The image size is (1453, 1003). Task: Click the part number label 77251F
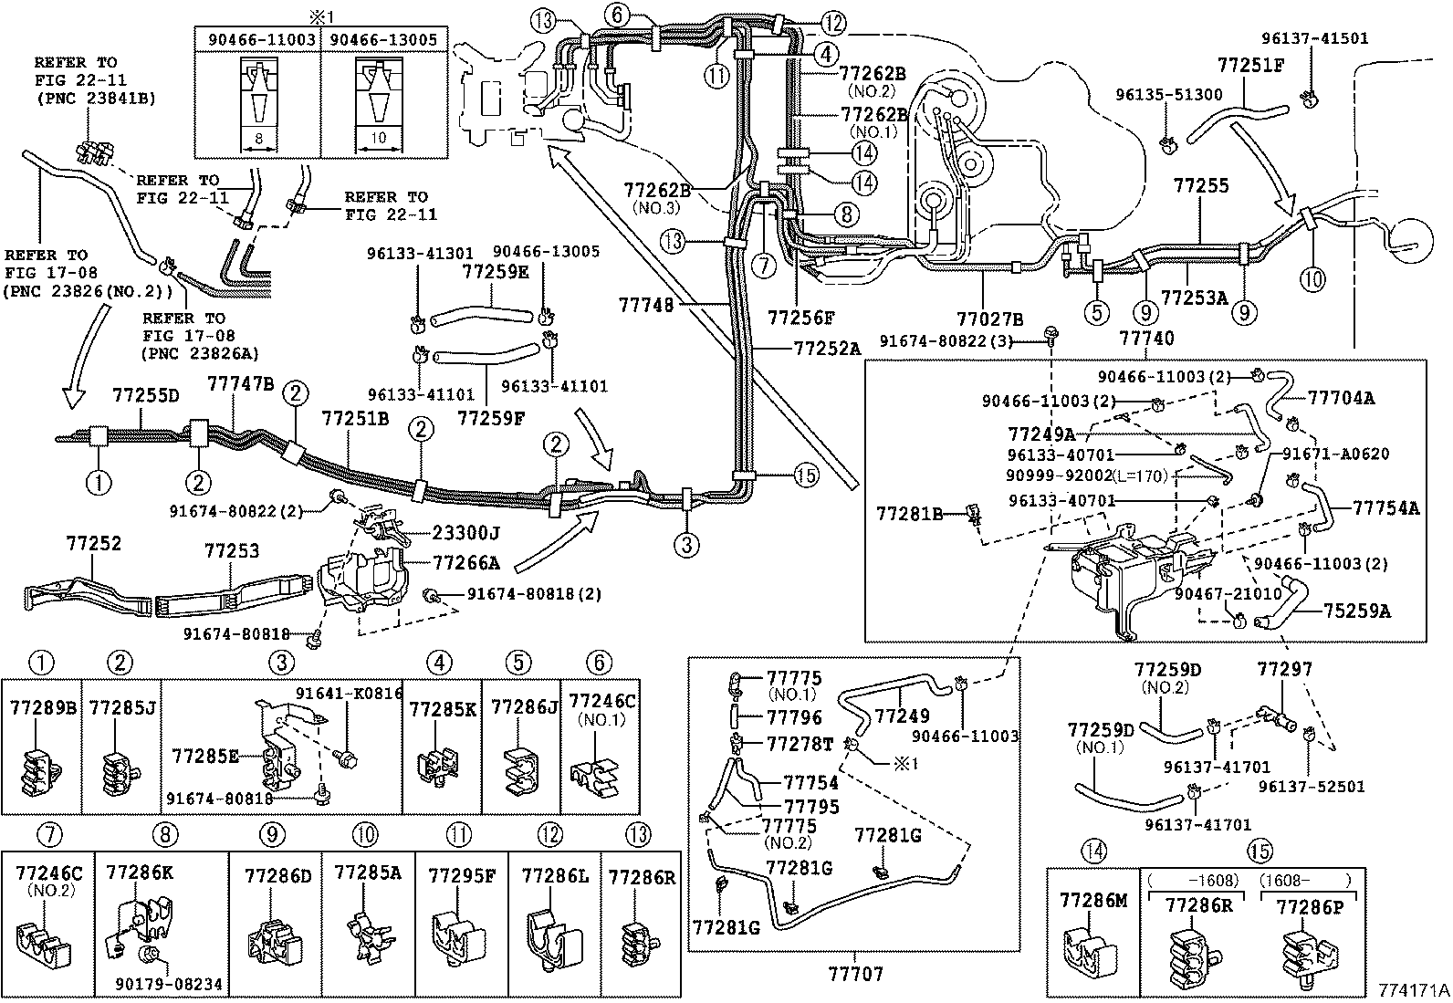pyautogui.click(x=1250, y=67)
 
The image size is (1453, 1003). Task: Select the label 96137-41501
pyautogui.click(x=1315, y=39)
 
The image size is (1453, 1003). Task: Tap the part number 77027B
pyautogui.click(x=990, y=319)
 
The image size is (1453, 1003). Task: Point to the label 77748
pyautogui.click(x=645, y=306)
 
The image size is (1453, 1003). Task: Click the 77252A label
pyautogui.click(x=827, y=349)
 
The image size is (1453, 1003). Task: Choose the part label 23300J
pyautogui.click(x=466, y=533)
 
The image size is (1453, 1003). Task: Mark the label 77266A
pyautogui.click(x=466, y=562)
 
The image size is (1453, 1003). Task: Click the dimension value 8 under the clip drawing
pyautogui.click(x=259, y=138)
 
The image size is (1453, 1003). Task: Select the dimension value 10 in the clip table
pyautogui.click(x=378, y=138)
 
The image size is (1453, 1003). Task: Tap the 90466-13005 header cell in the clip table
pyautogui.click(x=383, y=39)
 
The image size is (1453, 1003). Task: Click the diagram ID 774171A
pyautogui.click(x=1414, y=990)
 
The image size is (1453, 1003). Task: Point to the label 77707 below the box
pyautogui.click(x=855, y=974)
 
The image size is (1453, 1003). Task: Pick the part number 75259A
pyautogui.click(x=1357, y=611)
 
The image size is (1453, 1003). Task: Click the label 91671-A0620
pyautogui.click(x=1335, y=454)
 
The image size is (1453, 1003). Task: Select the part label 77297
pyautogui.click(x=1284, y=669)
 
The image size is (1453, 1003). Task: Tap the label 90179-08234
pyautogui.click(x=169, y=984)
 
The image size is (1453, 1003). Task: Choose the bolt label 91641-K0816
pyautogui.click(x=349, y=693)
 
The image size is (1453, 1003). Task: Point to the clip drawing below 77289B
pyautogui.click(x=41, y=772)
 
